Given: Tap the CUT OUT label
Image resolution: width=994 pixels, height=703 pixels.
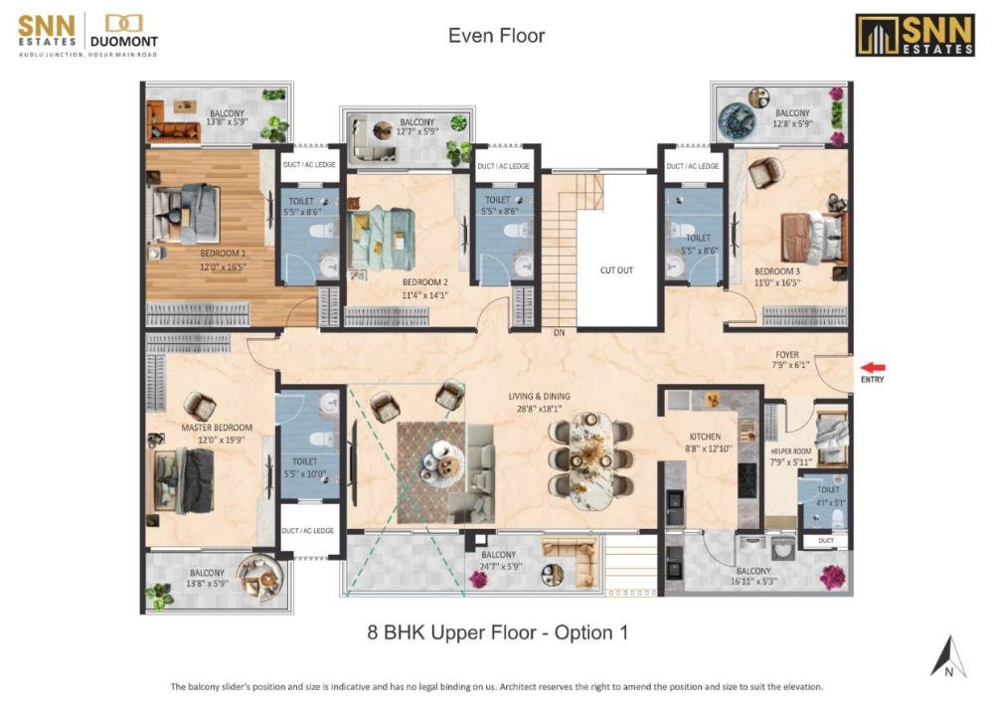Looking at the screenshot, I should pyautogui.click(x=616, y=269).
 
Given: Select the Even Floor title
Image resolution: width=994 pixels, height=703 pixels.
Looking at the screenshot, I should pyautogui.click(x=496, y=37).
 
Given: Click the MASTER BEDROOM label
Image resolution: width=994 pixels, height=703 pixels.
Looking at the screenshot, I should pyautogui.click(x=217, y=428).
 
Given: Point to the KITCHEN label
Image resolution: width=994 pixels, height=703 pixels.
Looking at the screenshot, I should pyautogui.click(x=705, y=437).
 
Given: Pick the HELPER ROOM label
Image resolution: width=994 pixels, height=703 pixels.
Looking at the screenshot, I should pyautogui.click(x=791, y=451).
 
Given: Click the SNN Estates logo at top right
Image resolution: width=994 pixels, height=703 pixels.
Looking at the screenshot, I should pyautogui.click(x=914, y=35).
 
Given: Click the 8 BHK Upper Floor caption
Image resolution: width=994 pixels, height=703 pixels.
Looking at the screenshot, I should pyautogui.click(x=497, y=631).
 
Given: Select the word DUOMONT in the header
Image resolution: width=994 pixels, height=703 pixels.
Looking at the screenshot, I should pyautogui.click(x=126, y=42).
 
